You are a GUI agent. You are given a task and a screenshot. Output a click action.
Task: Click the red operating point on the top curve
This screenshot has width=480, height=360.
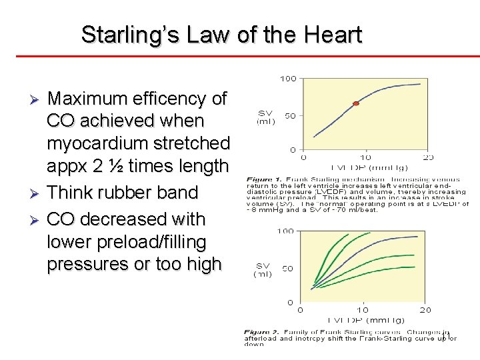pos(356,103)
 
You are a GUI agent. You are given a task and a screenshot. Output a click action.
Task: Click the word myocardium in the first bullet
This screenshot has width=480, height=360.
pos(101,143)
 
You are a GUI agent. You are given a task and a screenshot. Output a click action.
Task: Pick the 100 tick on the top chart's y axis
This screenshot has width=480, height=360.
pos(288,79)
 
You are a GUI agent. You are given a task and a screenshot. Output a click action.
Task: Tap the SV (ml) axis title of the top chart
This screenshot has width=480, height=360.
pos(265,117)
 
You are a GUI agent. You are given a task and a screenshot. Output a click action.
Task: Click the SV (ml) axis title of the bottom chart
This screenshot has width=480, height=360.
pos(263,269)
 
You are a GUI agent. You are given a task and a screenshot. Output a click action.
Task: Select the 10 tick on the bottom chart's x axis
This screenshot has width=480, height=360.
pos(362,310)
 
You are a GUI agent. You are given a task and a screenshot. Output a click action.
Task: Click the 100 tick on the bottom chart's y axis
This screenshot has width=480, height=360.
pos(285,231)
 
